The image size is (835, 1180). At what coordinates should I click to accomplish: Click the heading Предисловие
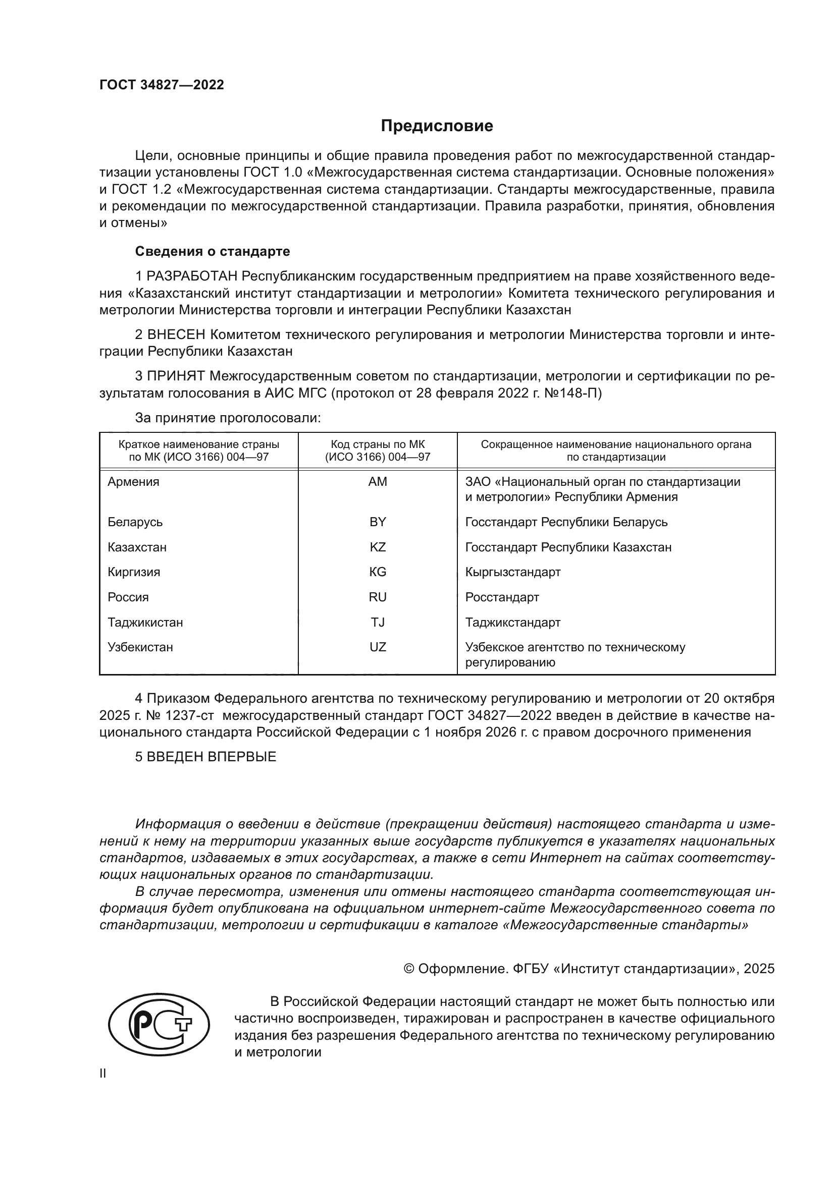tap(437, 126)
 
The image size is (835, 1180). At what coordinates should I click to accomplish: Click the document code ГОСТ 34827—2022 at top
tap(162, 85)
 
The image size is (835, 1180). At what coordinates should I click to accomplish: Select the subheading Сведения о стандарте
tap(213, 251)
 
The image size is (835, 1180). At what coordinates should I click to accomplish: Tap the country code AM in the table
tap(378, 482)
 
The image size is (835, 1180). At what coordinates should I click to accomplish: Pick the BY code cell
tap(378, 522)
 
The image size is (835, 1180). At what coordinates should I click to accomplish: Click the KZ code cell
tap(378, 547)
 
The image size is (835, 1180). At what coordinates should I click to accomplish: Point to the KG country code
tap(378, 572)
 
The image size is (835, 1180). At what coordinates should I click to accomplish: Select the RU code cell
tap(378, 597)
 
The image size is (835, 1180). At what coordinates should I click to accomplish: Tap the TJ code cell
tap(378, 623)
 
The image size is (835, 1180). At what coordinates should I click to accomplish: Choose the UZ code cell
tap(378, 647)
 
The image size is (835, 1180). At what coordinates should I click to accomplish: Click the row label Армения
tap(133, 482)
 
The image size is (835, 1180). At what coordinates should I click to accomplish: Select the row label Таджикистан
tap(145, 623)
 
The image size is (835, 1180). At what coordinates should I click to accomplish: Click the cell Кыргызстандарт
tap(512, 572)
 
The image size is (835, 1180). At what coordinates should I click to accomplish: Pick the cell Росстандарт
tap(502, 597)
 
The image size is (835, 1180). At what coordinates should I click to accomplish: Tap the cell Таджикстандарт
tap(512, 623)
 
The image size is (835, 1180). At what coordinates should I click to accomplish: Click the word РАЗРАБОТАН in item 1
tap(192, 276)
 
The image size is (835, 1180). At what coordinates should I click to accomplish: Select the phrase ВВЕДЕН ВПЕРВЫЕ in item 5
tap(212, 757)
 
